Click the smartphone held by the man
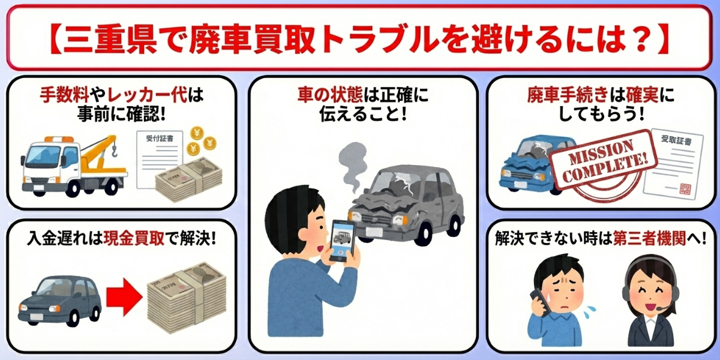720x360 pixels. [343, 240]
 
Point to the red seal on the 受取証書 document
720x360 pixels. [685, 188]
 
